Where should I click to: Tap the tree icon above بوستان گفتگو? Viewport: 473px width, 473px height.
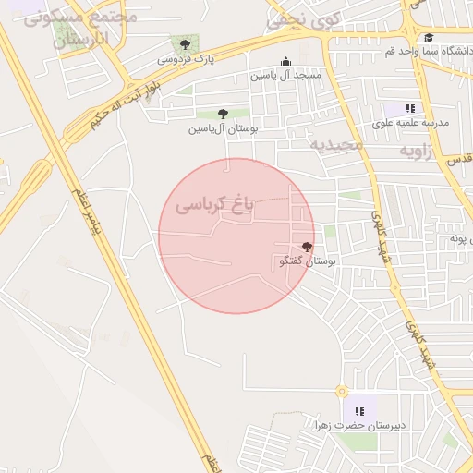point(307,247)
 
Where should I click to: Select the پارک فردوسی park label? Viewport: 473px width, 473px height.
point(185,59)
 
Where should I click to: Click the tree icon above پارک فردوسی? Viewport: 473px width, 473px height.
point(186,43)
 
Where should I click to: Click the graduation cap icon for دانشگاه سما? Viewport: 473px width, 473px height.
point(429,38)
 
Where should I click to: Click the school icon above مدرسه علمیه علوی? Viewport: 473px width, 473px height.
point(410,108)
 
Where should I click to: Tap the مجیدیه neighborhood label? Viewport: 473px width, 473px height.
point(338,145)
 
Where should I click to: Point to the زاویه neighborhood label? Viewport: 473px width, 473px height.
point(416,150)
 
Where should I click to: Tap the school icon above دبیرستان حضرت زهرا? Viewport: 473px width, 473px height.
point(358,410)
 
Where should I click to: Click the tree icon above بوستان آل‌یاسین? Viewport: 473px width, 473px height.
point(223,115)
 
